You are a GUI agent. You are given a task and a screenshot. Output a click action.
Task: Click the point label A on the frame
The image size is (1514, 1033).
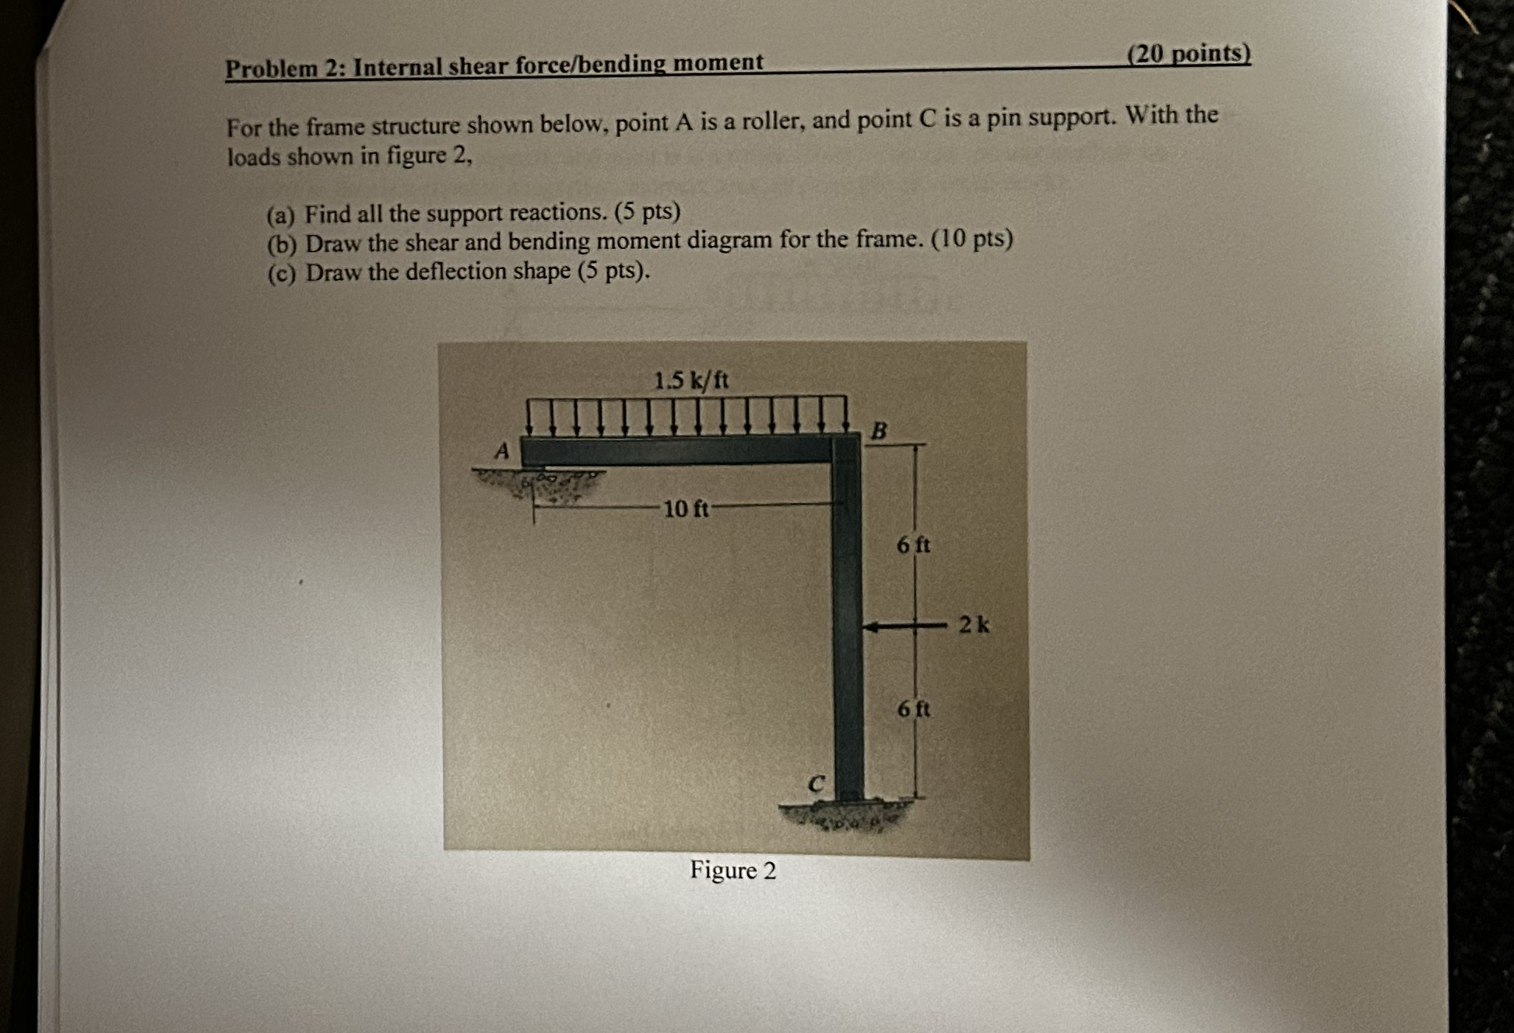502,450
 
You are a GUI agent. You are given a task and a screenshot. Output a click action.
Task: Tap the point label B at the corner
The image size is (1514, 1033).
879,430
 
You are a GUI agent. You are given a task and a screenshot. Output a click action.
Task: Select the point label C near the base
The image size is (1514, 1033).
815,783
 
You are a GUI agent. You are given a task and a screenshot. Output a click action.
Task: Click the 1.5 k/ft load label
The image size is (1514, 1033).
691,380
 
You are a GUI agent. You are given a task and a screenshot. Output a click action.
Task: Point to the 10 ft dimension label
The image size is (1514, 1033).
686,509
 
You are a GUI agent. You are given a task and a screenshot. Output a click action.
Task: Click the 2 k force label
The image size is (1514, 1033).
974,624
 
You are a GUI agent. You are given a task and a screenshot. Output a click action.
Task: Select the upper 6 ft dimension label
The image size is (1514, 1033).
913,545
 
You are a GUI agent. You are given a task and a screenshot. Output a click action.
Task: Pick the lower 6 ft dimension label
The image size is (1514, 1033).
913,709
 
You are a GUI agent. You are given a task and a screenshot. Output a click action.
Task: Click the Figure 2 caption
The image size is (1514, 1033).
732,870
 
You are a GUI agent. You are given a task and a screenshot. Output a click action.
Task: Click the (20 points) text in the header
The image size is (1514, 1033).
1189,53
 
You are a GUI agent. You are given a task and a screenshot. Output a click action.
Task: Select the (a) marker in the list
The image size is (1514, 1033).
280,215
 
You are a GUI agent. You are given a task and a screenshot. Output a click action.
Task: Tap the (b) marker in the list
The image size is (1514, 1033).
281,245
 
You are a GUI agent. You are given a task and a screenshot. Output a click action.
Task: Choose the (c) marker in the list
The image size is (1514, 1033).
281,274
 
